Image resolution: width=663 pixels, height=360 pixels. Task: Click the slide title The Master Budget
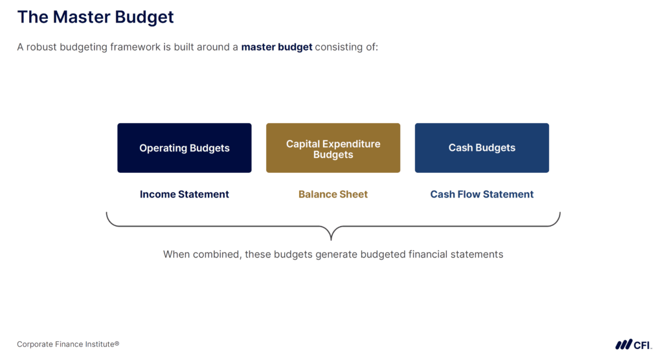click(95, 17)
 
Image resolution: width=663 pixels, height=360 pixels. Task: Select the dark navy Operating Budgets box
click(184, 148)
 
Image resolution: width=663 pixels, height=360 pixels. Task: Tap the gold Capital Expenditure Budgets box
click(333, 148)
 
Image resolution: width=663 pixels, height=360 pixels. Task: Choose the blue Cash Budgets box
click(482, 148)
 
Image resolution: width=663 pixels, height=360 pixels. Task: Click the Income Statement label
click(184, 194)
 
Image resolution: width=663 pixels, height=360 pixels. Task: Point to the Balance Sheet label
click(333, 194)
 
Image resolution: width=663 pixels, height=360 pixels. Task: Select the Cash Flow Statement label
click(482, 194)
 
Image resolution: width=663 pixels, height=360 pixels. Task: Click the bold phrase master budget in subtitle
click(276, 47)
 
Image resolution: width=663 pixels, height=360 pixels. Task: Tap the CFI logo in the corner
click(633, 344)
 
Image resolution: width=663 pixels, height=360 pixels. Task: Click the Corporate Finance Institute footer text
click(68, 344)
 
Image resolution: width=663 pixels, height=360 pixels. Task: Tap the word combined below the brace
click(216, 254)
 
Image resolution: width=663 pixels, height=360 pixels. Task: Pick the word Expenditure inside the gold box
click(351, 144)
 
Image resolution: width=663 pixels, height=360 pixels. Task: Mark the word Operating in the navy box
click(161, 148)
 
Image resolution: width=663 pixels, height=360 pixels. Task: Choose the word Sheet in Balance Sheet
click(354, 194)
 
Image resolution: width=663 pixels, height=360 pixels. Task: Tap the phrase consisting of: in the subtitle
click(346, 47)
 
